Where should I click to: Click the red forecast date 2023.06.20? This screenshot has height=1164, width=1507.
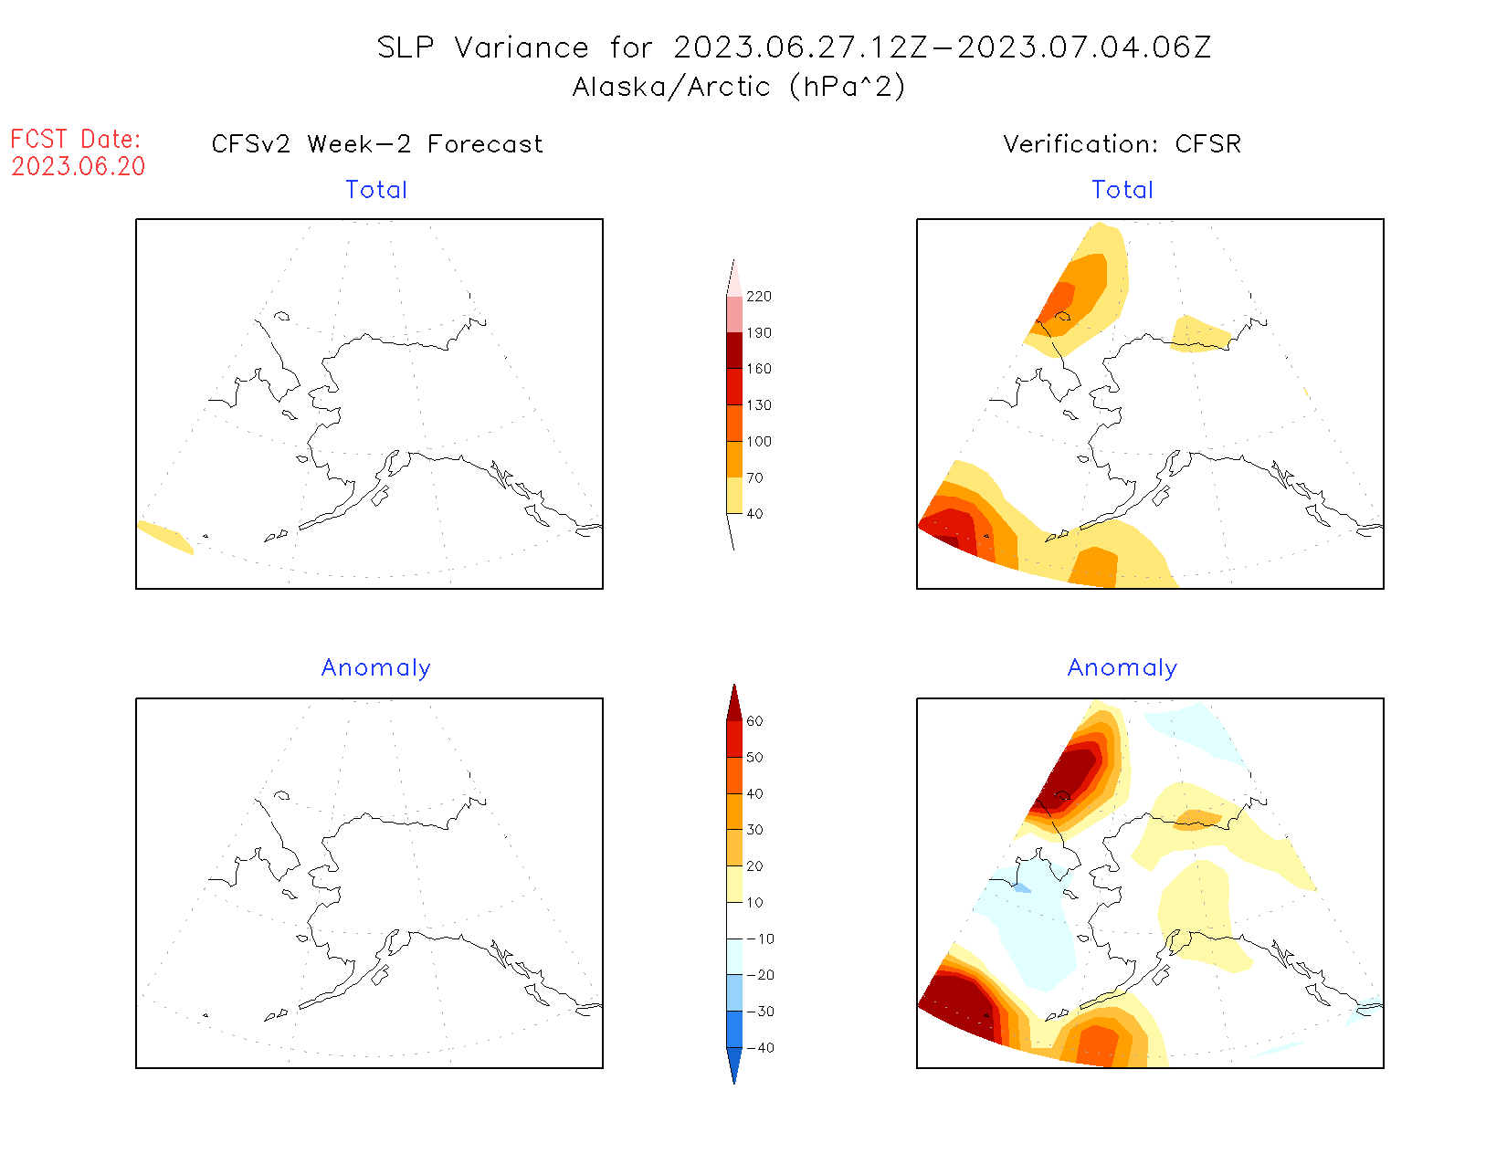[79, 167]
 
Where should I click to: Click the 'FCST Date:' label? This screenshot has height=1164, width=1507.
[76, 140]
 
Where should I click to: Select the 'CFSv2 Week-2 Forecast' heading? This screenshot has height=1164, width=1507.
[377, 144]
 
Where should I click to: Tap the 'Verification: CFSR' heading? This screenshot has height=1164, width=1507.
[1122, 144]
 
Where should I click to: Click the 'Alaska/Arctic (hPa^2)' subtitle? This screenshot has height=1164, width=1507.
[739, 87]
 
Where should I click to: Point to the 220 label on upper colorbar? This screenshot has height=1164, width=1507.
[759, 297]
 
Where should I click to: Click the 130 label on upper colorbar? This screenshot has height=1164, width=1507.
[759, 405]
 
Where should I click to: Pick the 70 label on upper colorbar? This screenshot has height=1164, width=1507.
[755, 477]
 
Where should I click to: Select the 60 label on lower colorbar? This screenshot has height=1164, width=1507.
[755, 721]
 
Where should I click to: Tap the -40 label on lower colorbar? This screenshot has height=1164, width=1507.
[760, 1048]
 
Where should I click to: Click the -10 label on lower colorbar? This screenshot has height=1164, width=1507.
[760, 939]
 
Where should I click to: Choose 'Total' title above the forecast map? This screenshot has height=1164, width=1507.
[376, 190]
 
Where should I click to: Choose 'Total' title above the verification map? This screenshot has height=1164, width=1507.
[1122, 190]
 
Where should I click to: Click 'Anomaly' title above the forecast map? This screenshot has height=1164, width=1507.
[376, 668]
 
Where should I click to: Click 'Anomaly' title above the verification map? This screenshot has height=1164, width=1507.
[1122, 668]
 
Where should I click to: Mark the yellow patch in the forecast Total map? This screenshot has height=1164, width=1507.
[164, 536]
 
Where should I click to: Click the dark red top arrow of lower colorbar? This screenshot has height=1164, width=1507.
[734, 704]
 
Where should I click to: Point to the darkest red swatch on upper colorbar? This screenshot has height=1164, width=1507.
[734, 351]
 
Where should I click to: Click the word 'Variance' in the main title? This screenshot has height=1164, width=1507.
[522, 47]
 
